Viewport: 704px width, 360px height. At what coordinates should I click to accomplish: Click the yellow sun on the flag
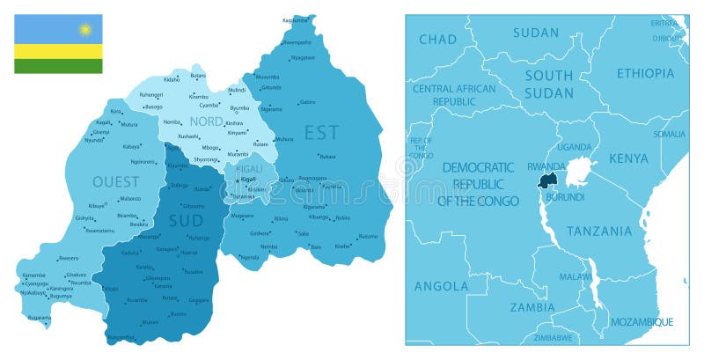coord(85,29)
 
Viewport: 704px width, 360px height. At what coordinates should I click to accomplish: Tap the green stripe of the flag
coord(57,66)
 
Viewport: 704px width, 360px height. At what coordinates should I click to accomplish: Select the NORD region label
coord(207,121)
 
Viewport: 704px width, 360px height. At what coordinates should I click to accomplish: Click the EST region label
coord(321,133)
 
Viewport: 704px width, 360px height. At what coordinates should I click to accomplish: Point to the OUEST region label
coord(115,182)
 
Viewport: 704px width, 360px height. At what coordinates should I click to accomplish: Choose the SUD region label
coord(186,220)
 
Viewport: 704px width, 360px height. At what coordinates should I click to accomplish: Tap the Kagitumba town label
coord(295,20)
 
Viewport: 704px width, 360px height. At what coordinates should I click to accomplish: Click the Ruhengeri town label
coord(151,94)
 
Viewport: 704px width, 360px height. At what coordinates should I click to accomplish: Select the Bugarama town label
coord(40,317)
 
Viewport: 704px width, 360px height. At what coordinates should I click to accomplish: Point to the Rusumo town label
coord(368,236)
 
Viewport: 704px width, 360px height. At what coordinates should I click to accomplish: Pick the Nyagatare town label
coord(303,57)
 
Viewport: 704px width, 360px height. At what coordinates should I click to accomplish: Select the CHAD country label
coord(437,39)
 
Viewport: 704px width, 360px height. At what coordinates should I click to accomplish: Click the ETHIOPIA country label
coord(645,73)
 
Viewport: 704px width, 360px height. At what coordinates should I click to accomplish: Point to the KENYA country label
coord(628,158)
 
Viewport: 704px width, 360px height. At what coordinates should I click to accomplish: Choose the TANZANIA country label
coord(599,231)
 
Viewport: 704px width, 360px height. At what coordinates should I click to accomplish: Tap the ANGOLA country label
coord(441,286)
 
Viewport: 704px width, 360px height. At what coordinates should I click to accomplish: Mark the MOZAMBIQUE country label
coord(642,322)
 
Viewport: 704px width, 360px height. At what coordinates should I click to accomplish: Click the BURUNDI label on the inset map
coord(565,197)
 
